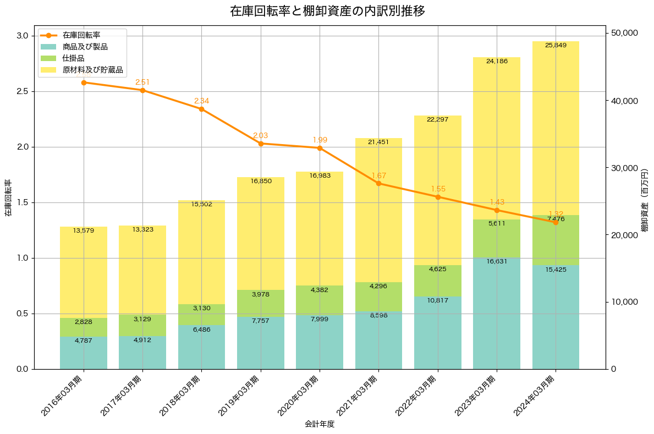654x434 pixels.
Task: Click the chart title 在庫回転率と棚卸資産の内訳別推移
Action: tap(327, 11)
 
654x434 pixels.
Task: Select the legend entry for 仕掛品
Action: tap(73, 58)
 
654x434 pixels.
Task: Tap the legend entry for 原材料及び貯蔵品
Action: tap(92, 70)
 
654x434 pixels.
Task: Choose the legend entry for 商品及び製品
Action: tap(85, 47)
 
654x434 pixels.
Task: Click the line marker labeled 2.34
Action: tap(201, 109)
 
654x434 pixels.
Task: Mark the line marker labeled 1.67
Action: tap(378, 183)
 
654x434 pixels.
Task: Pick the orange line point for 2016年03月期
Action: tap(84, 83)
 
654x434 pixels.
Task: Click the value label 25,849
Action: tap(556, 45)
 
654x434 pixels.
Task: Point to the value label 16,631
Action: tap(497, 261)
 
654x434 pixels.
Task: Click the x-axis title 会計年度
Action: tap(320, 425)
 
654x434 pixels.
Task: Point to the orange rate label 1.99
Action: tap(320, 140)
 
